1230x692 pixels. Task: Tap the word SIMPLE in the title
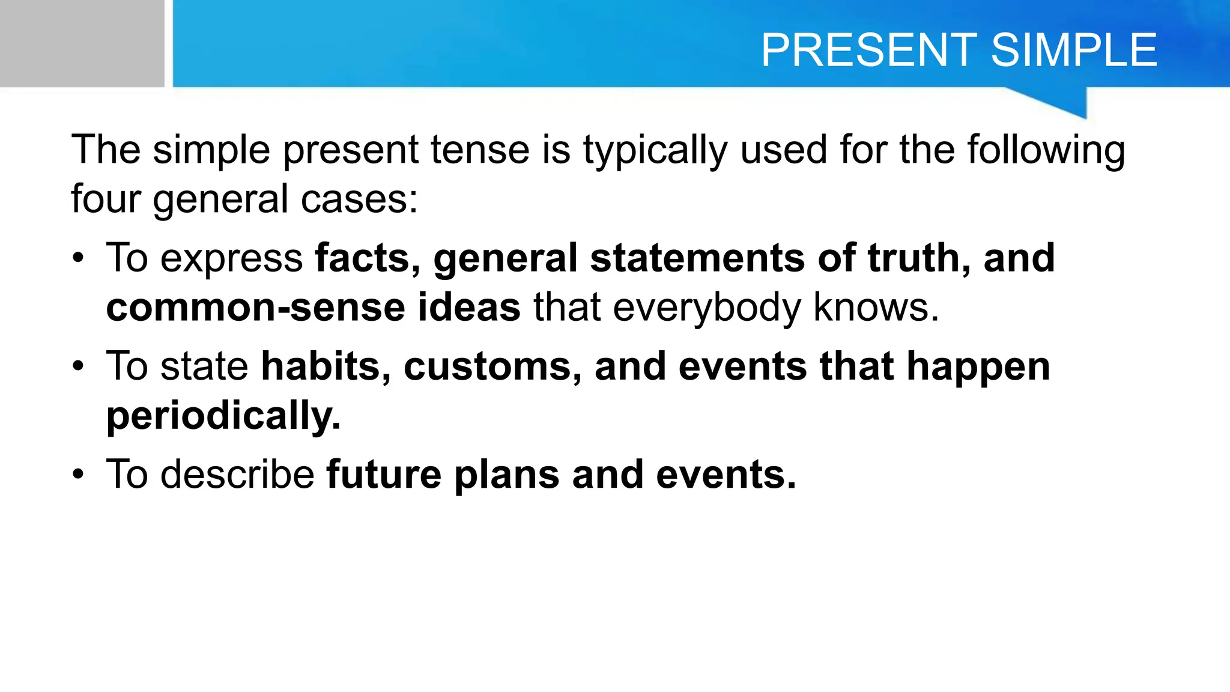click(x=1074, y=50)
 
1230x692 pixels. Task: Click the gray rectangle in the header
click(x=82, y=43)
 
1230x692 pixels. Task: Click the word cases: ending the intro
click(x=359, y=200)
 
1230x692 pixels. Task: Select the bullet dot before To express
click(x=78, y=259)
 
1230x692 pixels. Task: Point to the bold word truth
click(x=919, y=258)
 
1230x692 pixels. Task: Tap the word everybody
click(x=706, y=308)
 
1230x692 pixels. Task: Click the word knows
click(x=876, y=308)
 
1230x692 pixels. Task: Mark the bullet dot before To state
click(x=78, y=366)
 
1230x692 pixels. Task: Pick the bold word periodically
click(x=223, y=416)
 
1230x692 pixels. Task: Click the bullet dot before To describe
click(x=78, y=475)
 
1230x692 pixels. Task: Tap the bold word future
click(x=384, y=475)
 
